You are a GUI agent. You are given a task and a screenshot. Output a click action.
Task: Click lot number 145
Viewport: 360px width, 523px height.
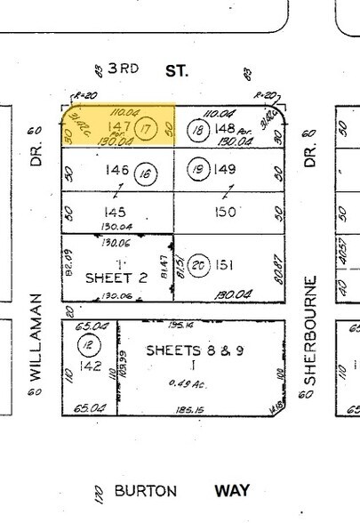(115, 213)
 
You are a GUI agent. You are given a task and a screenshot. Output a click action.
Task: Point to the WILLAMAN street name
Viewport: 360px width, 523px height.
(36, 337)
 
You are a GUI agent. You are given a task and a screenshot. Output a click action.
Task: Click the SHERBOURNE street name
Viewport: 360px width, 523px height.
(311, 332)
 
